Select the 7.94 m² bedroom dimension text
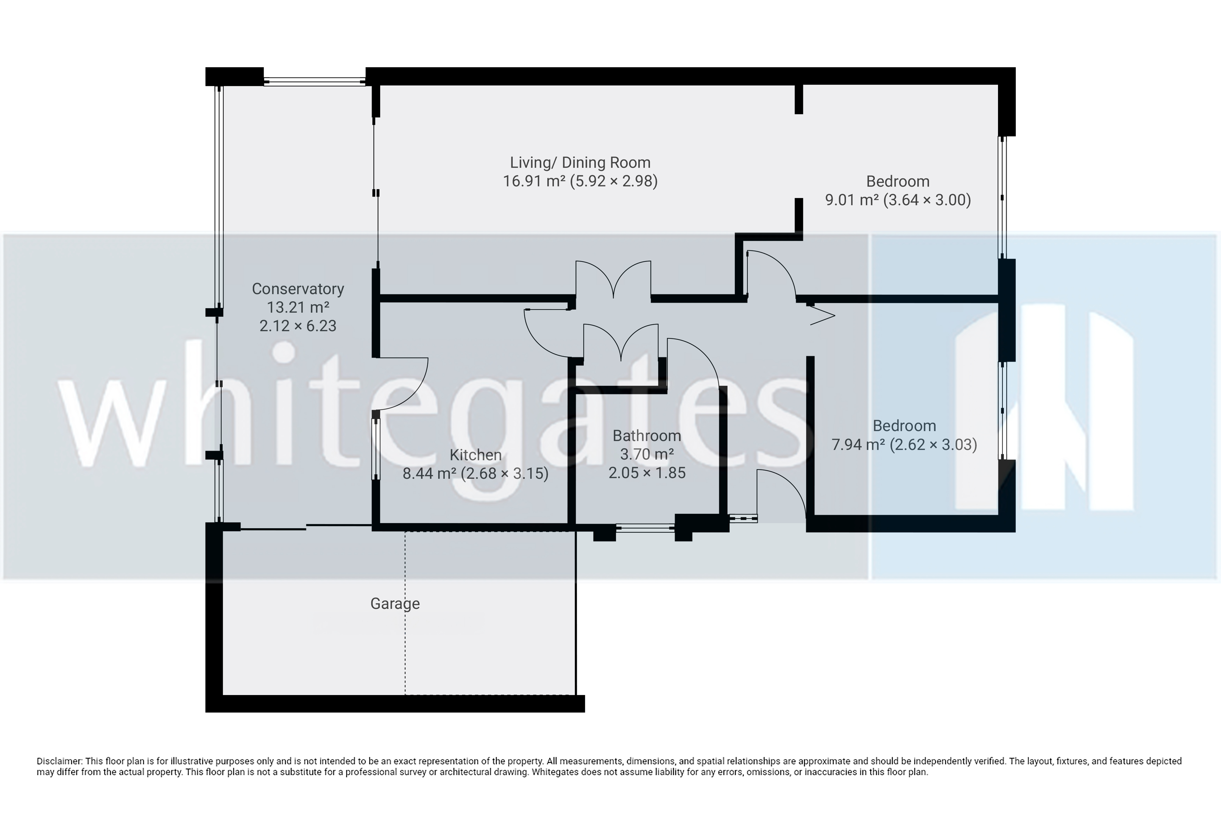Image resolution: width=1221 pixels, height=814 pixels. tap(904, 445)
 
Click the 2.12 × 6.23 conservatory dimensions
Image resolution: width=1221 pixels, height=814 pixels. tap(298, 326)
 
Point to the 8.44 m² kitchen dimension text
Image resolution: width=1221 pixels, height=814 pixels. tap(475, 473)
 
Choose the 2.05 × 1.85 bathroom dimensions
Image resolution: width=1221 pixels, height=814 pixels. tap(647, 473)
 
